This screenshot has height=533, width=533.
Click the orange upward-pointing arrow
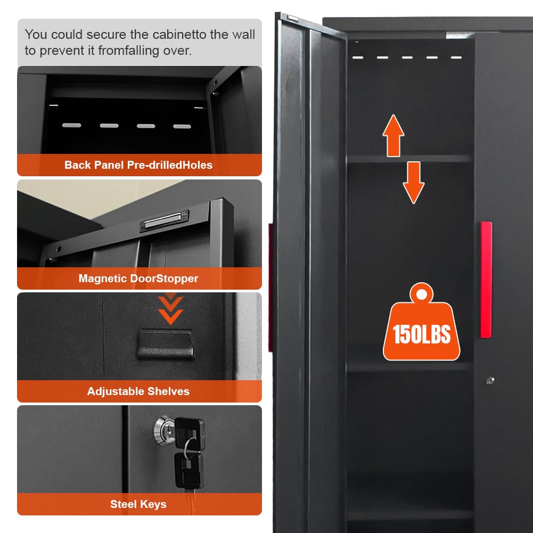(x=393, y=135)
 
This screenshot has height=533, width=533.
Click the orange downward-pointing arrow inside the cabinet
(x=413, y=183)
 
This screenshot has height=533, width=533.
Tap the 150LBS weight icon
(x=422, y=322)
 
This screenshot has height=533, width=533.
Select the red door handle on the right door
(x=486, y=280)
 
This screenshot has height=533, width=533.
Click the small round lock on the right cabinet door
(x=490, y=380)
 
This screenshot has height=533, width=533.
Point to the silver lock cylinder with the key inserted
(x=163, y=429)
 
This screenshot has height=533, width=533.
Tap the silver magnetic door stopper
(x=164, y=220)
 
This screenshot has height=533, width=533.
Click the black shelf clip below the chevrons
(x=166, y=343)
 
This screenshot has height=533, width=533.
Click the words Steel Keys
(x=138, y=504)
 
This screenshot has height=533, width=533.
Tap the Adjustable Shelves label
(x=138, y=391)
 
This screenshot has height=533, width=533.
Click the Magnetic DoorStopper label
(x=138, y=278)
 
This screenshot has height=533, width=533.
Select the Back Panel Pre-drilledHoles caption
(x=138, y=165)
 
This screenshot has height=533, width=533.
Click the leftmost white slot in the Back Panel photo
(x=71, y=125)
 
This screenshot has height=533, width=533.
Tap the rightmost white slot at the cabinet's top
(x=456, y=58)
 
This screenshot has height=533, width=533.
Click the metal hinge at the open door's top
(x=293, y=18)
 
